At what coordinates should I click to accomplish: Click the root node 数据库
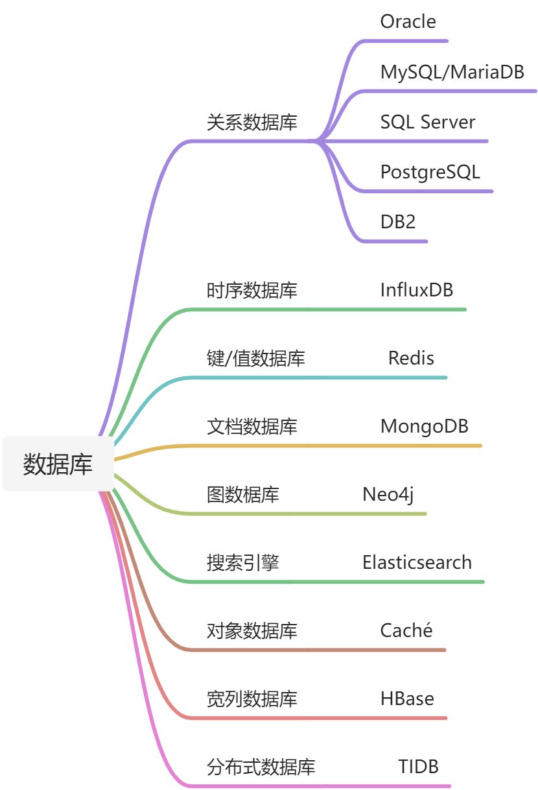tap(58, 464)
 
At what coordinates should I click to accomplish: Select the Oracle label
tap(408, 21)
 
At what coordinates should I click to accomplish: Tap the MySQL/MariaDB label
tap(452, 71)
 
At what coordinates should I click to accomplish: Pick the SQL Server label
tap(427, 122)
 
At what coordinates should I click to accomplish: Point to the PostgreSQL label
tap(430, 172)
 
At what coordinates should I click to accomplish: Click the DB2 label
tap(398, 222)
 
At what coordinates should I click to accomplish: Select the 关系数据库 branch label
tap(252, 123)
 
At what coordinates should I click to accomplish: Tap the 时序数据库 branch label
tap(252, 290)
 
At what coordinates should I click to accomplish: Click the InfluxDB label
tap(416, 290)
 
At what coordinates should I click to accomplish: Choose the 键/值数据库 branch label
tap(255, 358)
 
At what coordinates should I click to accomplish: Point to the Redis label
tap(411, 358)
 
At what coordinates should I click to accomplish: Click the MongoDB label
tap(424, 426)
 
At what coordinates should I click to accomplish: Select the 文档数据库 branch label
tap(252, 426)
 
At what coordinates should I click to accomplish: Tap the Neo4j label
tap(388, 494)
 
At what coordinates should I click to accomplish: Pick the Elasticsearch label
tap(417, 562)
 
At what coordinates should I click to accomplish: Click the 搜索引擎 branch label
tap(243, 562)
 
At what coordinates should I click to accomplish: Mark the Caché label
tap(406, 630)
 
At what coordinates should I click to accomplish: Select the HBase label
tap(407, 699)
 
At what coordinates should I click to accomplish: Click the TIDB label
tap(418, 767)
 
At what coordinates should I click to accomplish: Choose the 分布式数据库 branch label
tap(261, 767)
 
